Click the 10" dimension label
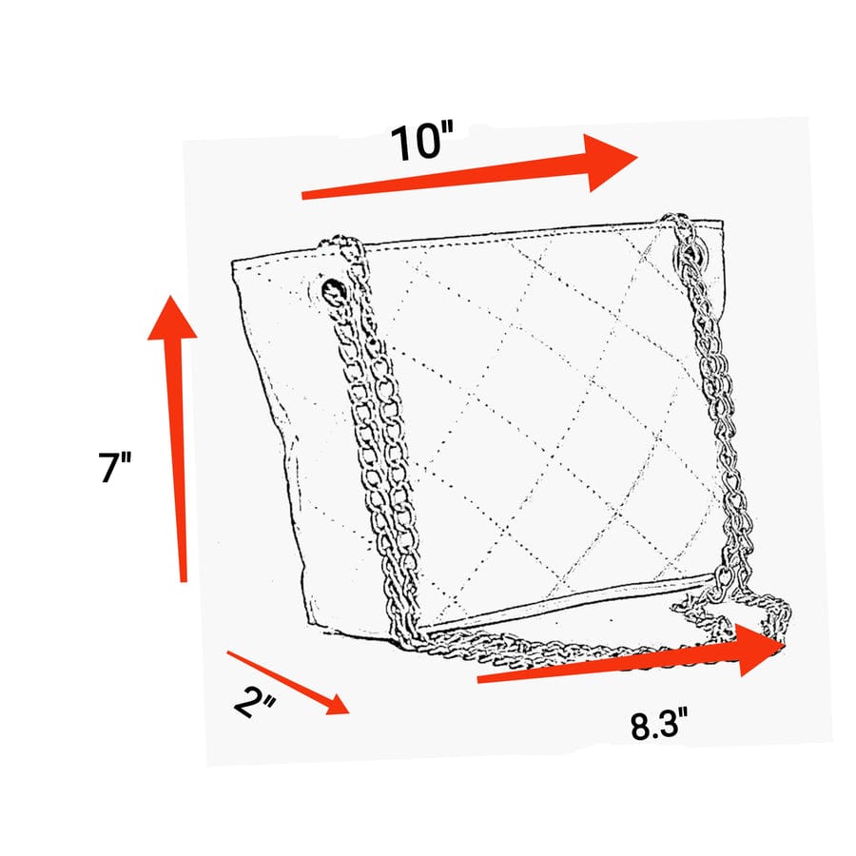point(421,142)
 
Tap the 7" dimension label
point(115,467)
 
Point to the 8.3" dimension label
point(659,725)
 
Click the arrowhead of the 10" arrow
point(612,162)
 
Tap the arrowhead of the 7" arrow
point(172,319)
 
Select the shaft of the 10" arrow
point(445,178)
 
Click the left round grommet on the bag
point(334,292)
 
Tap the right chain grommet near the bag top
point(692,254)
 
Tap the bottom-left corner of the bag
point(309,626)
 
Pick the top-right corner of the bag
point(724,221)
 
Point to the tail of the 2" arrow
point(228,652)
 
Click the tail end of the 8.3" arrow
point(478,680)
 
